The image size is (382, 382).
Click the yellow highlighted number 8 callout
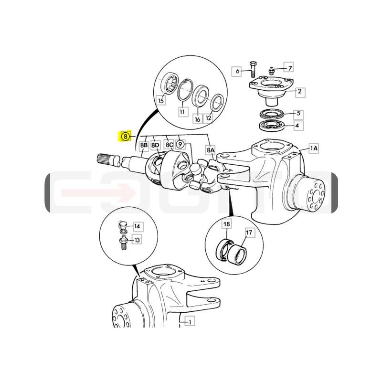[x=125, y=136]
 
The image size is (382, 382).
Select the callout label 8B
[x=144, y=146]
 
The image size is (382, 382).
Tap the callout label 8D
[x=156, y=146]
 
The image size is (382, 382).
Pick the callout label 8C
[x=170, y=145]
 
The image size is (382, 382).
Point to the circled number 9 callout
[x=180, y=145]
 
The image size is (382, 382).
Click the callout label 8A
[x=211, y=150]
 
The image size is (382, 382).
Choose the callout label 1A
[x=314, y=148]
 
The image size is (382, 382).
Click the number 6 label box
[x=236, y=71]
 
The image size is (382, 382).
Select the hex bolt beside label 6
[x=253, y=69]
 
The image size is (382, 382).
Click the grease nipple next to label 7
[x=271, y=71]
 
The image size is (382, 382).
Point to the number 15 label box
[x=161, y=100]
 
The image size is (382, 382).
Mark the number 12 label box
[x=209, y=118]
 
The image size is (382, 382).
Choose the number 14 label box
[x=138, y=226]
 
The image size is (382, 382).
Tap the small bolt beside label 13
[x=124, y=243]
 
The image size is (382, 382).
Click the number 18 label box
[x=226, y=224]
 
